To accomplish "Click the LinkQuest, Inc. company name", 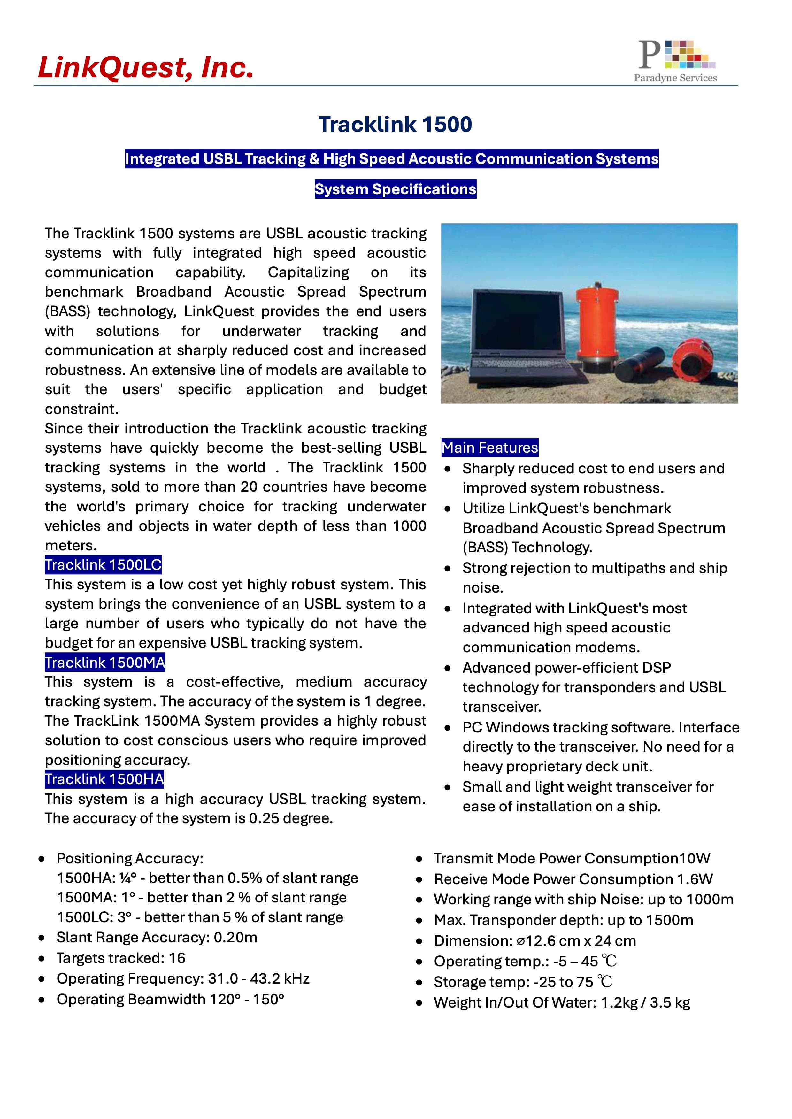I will [x=146, y=67].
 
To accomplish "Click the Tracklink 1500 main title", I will [x=395, y=124].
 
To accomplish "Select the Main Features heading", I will [x=490, y=448].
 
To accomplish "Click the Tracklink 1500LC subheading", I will [x=103, y=565].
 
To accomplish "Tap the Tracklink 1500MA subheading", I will [x=105, y=663].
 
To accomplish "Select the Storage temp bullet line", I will [x=522, y=982].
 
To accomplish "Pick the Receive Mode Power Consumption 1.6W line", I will [x=573, y=879].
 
